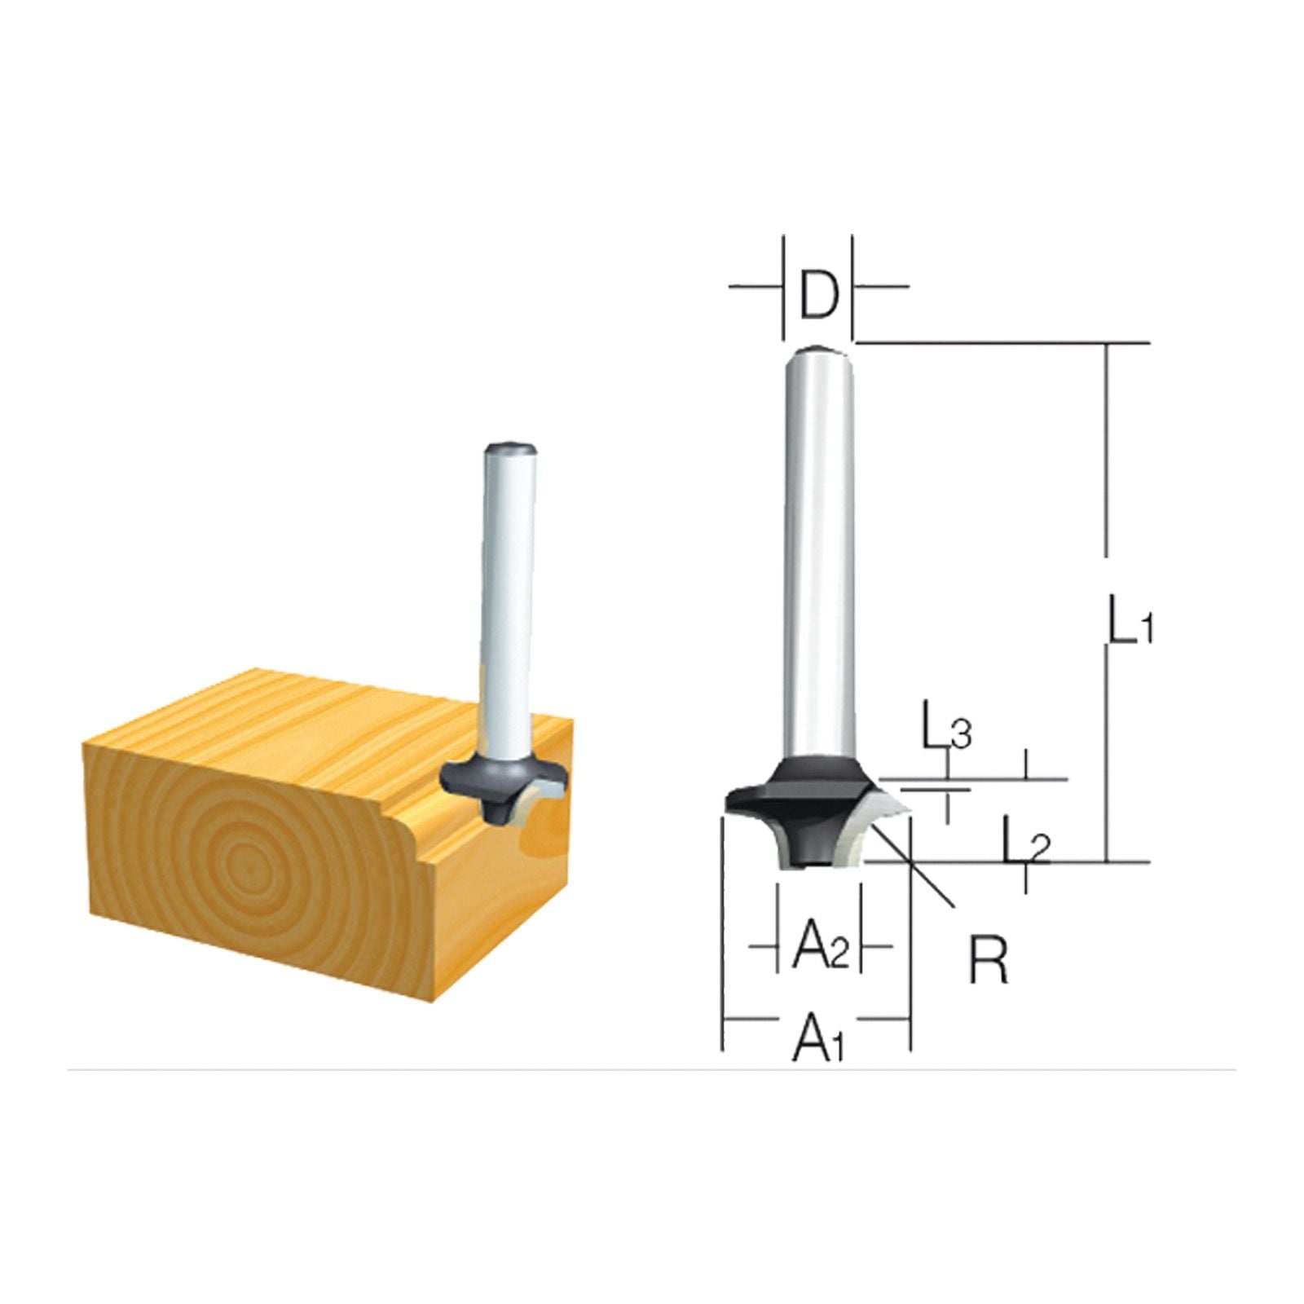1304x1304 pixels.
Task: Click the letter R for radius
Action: pos(988,961)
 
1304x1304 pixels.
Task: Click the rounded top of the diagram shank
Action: pos(818,352)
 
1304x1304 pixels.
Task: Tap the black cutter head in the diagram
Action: pos(803,799)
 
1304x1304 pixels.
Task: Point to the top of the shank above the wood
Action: pos(509,447)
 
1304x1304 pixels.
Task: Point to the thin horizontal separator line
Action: pos(652,1069)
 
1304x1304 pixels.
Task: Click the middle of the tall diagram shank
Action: pos(819,554)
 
